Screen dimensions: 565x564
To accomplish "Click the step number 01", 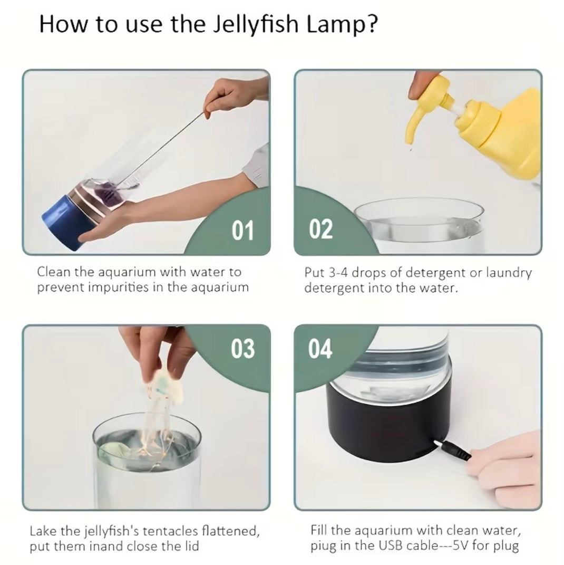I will click(x=242, y=231).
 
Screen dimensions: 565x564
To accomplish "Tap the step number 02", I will click(x=321, y=230).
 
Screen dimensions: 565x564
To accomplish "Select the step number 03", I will click(x=242, y=349).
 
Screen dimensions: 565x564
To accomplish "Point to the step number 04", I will click(x=321, y=349).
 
